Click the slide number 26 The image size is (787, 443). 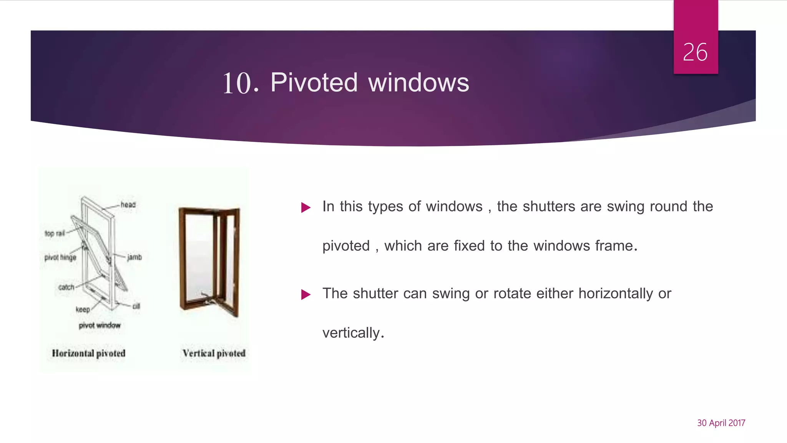[695, 52]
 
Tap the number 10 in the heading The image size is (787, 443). [237, 83]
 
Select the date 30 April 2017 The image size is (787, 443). [721, 423]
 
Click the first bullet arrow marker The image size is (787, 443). [306, 208]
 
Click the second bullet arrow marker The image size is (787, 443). [306, 295]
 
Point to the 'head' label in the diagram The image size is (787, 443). [128, 205]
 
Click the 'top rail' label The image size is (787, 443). [55, 233]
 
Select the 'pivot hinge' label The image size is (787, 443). [60, 257]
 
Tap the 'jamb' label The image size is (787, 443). [134, 257]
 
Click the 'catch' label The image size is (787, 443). [66, 287]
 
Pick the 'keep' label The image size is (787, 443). [83, 310]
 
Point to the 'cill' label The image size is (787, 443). [136, 306]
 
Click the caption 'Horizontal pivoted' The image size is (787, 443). [88, 353]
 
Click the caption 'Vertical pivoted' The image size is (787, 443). [214, 353]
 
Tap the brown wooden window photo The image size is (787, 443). [209, 261]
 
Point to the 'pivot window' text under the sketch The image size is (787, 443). [100, 325]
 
